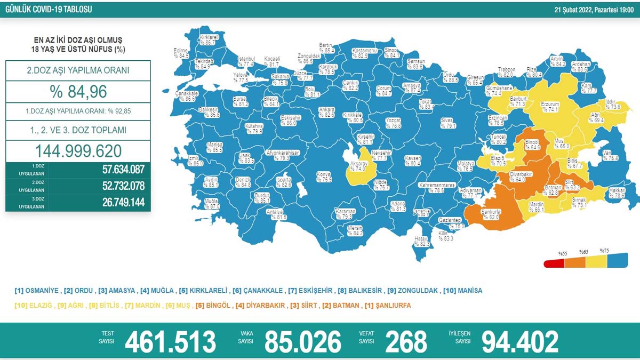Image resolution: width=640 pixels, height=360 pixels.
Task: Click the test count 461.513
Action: click(x=170, y=342)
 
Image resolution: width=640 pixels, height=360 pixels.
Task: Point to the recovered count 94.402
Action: click(x=520, y=342)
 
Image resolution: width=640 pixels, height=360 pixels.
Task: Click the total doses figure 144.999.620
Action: click(x=78, y=151)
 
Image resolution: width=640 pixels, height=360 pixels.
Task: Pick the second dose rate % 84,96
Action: click(x=78, y=91)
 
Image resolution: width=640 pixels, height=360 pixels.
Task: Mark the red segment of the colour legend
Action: click(x=554, y=263)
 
